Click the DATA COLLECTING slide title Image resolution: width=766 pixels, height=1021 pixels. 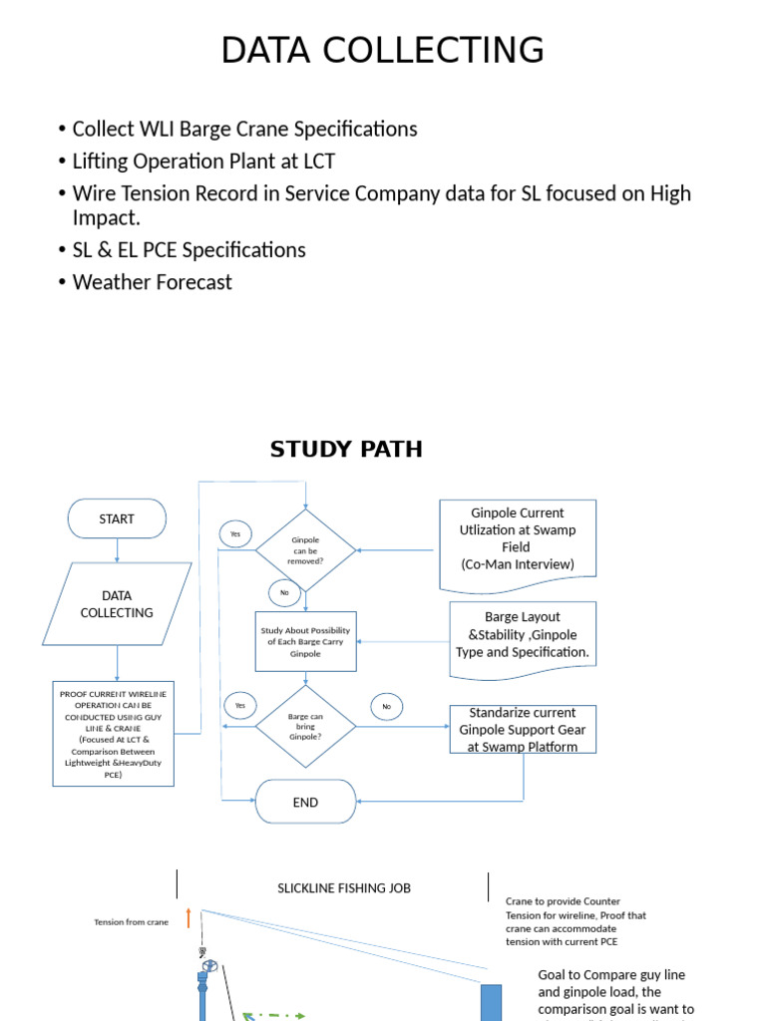[x=382, y=50]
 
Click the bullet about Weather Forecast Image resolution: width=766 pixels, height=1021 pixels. [x=152, y=282]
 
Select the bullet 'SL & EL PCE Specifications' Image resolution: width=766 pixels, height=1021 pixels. [x=189, y=250]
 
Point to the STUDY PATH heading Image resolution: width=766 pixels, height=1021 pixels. [x=346, y=450]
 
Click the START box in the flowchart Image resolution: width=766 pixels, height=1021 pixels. [x=117, y=518]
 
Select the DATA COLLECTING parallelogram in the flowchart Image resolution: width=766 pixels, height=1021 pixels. [x=117, y=604]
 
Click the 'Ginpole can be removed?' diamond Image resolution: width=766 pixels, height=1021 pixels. [x=305, y=550]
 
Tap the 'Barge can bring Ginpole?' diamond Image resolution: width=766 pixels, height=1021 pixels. [x=305, y=725]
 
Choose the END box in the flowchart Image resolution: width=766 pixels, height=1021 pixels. [x=305, y=802]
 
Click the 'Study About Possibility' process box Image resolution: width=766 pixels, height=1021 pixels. [x=305, y=642]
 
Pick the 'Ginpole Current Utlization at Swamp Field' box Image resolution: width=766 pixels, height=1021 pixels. [x=518, y=539]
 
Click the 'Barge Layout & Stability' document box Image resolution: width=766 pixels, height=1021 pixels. [x=523, y=635]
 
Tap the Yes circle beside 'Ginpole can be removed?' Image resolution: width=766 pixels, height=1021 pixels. [x=235, y=534]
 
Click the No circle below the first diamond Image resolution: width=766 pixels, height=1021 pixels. [x=284, y=592]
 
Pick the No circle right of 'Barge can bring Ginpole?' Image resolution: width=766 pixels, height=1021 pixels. [x=387, y=707]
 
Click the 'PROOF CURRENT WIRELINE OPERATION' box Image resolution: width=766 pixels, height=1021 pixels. [x=113, y=733]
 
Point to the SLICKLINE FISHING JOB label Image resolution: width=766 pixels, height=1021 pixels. [x=343, y=888]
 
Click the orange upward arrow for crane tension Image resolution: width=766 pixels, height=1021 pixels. [x=189, y=918]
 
